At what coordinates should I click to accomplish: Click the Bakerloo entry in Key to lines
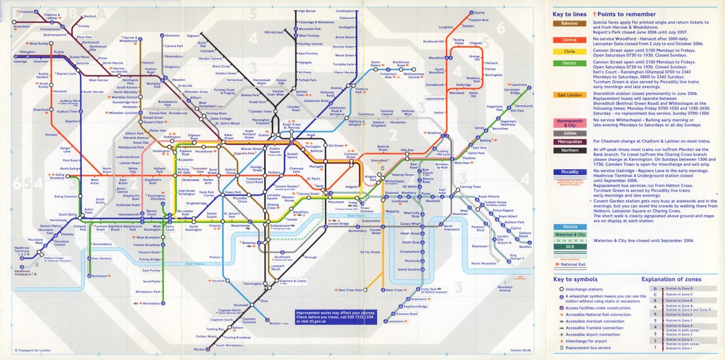coord(570,24)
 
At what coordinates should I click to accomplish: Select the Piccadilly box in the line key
coord(570,172)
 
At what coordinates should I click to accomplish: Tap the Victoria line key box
coord(570,226)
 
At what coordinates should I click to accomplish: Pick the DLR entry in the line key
coord(570,246)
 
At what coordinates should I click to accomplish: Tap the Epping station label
coord(480,13)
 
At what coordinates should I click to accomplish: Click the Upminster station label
coord(520,86)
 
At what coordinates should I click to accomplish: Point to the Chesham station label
coord(27,12)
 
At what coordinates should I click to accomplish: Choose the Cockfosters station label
coord(346,11)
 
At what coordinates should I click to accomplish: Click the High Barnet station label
coord(307,11)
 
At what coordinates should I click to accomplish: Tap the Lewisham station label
coord(396,321)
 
